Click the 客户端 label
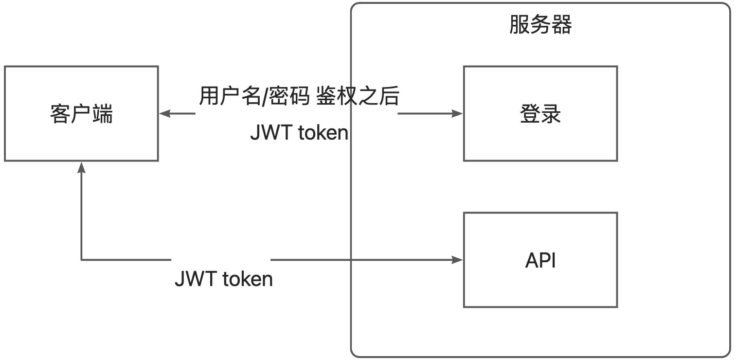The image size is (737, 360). click(x=81, y=114)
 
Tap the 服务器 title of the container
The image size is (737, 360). click(x=540, y=25)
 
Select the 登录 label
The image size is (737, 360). click(x=540, y=114)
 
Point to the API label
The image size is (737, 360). click(x=540, y=261)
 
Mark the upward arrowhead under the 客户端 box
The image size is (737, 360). click(x=81, y=167)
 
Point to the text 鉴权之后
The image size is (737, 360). click(x=358, y=97)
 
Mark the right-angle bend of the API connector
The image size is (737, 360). click(x=81, y=260)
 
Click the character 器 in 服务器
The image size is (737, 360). click(x=562, y=25)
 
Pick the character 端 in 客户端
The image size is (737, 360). click(x=103, y=114)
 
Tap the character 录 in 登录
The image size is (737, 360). click(x=551, y=114)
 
